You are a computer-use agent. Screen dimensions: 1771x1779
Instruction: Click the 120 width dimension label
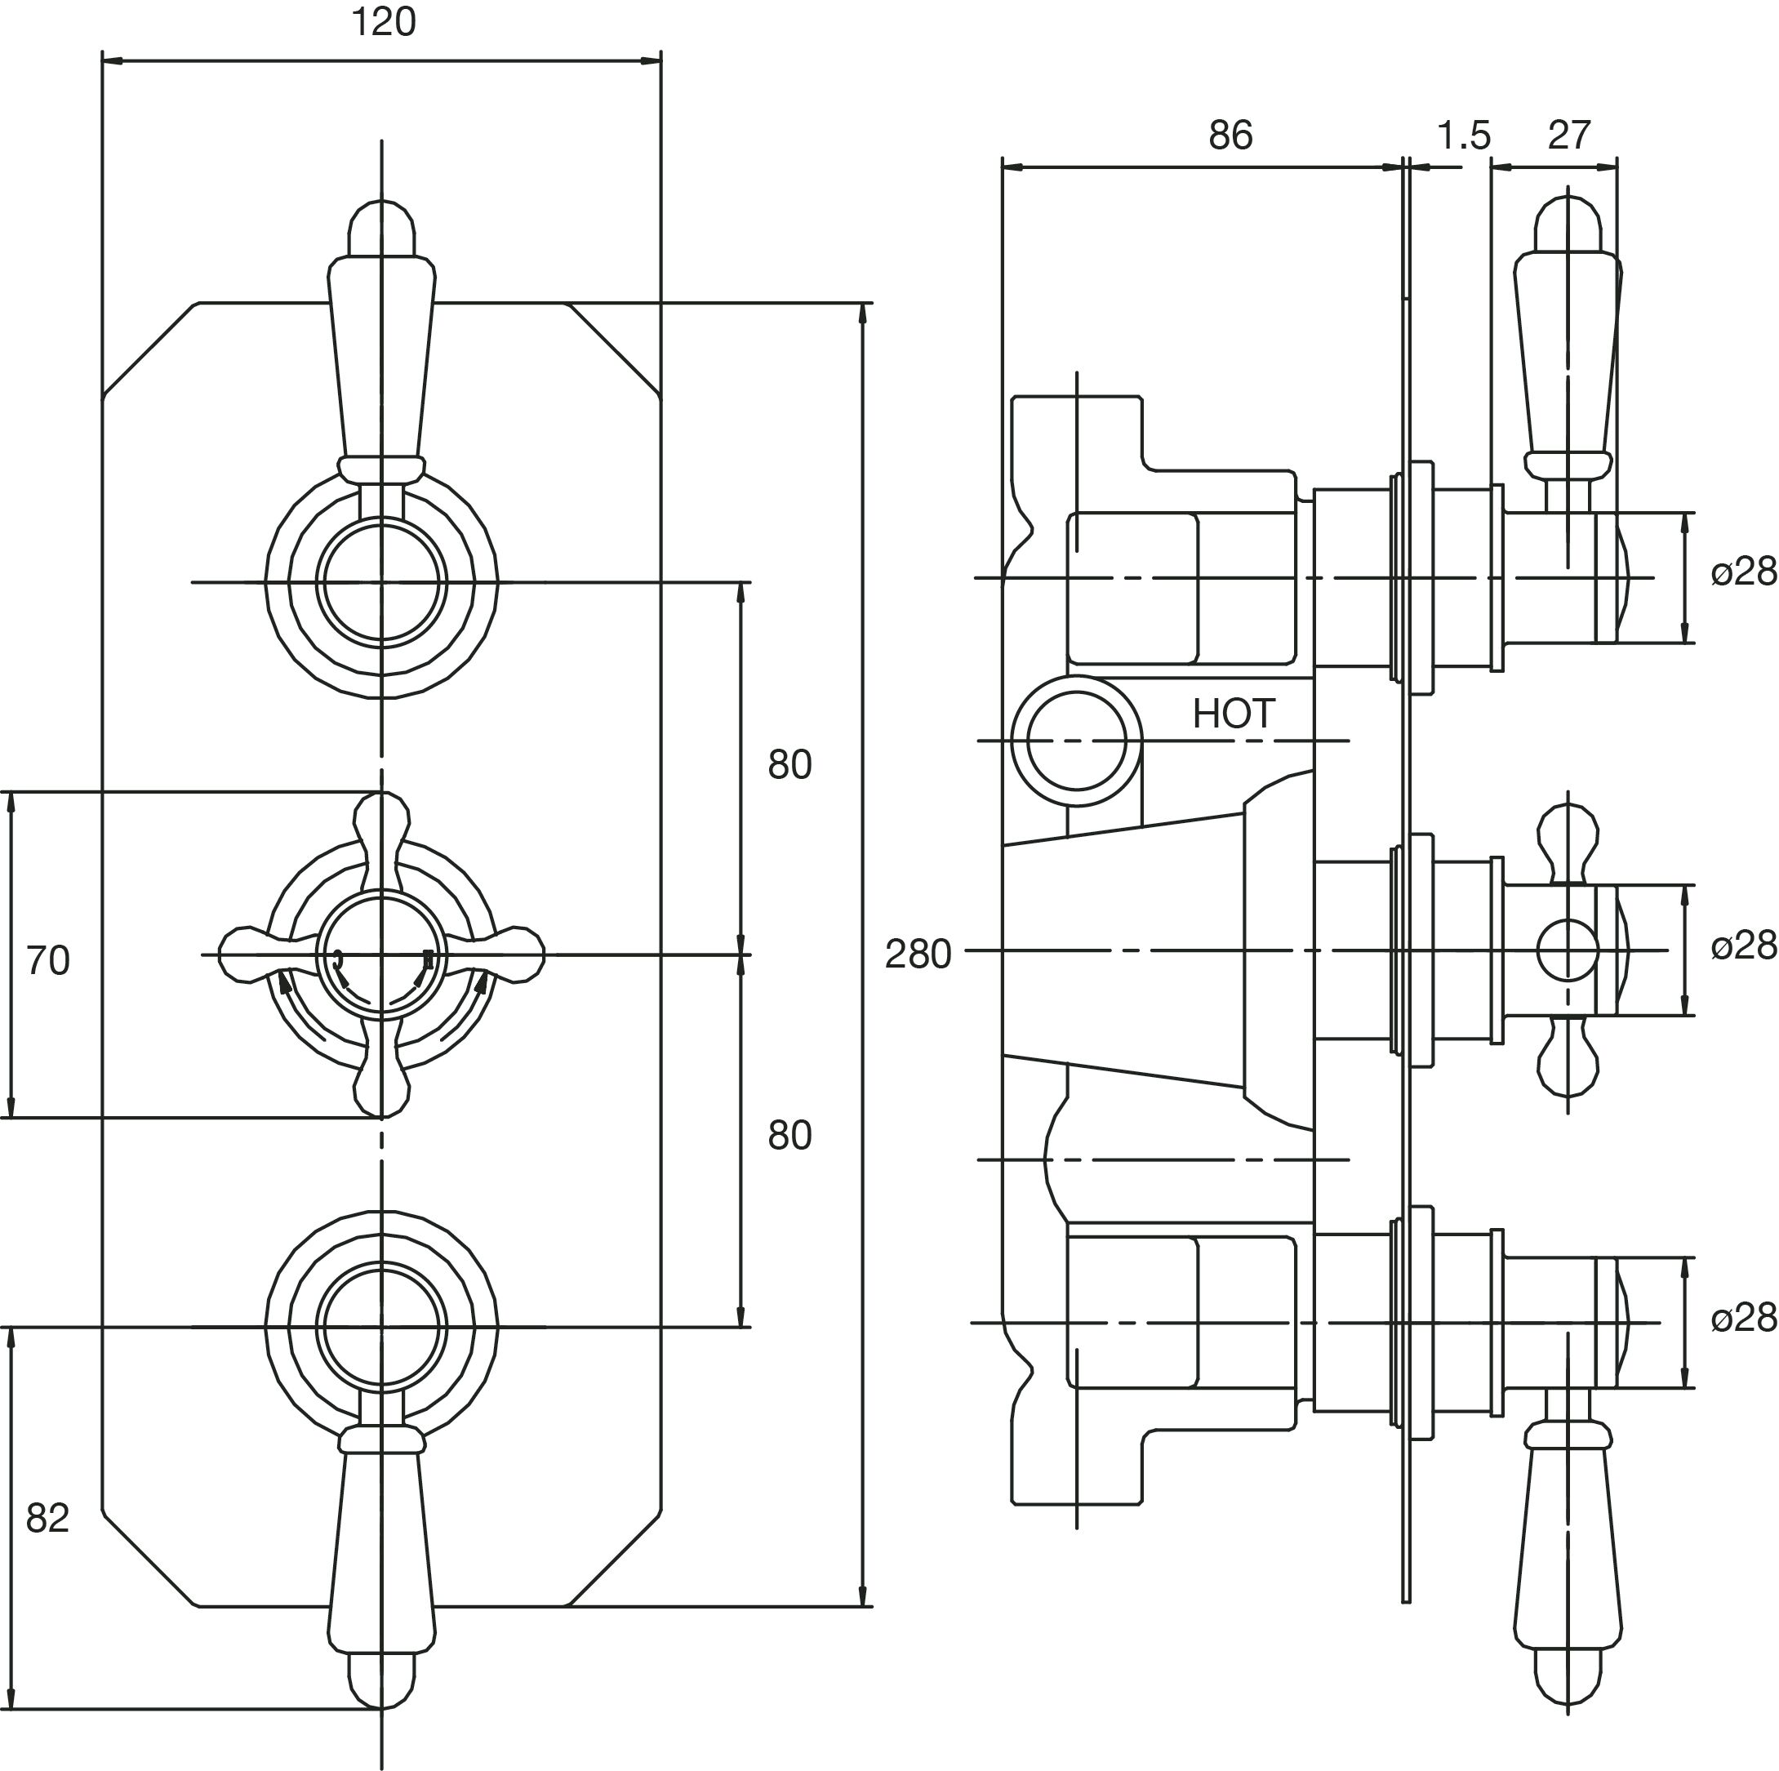click(x=383, y=23)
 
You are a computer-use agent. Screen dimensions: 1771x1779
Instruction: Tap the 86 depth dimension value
click(x=1230, y=136)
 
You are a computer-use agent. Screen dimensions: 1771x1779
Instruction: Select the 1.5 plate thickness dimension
click(x=1463, y=136)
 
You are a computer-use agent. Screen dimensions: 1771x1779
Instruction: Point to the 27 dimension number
click(x=1569, y=136)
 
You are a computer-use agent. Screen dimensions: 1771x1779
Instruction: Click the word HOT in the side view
click(x=1233, y=714)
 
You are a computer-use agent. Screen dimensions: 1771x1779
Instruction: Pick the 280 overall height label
click(x=917, y=955)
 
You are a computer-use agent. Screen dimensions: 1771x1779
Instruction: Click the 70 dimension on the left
click(x=48, y=960)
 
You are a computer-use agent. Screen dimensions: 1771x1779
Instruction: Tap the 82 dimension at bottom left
click(x=48, y=1518)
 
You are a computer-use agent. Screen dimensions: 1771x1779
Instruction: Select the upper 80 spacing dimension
click(x=789, y=765)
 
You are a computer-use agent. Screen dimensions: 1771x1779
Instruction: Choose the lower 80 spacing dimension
click(x=789, y=1136)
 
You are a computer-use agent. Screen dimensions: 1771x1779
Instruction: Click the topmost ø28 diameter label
click(x=1743, y=573)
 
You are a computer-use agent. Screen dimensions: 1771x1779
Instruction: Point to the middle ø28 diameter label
click(x=1743, y=946)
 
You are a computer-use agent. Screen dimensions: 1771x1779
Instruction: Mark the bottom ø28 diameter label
click(x=1743, y=1319)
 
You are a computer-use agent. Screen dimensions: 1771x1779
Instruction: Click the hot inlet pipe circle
click(x=1075, y=741)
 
